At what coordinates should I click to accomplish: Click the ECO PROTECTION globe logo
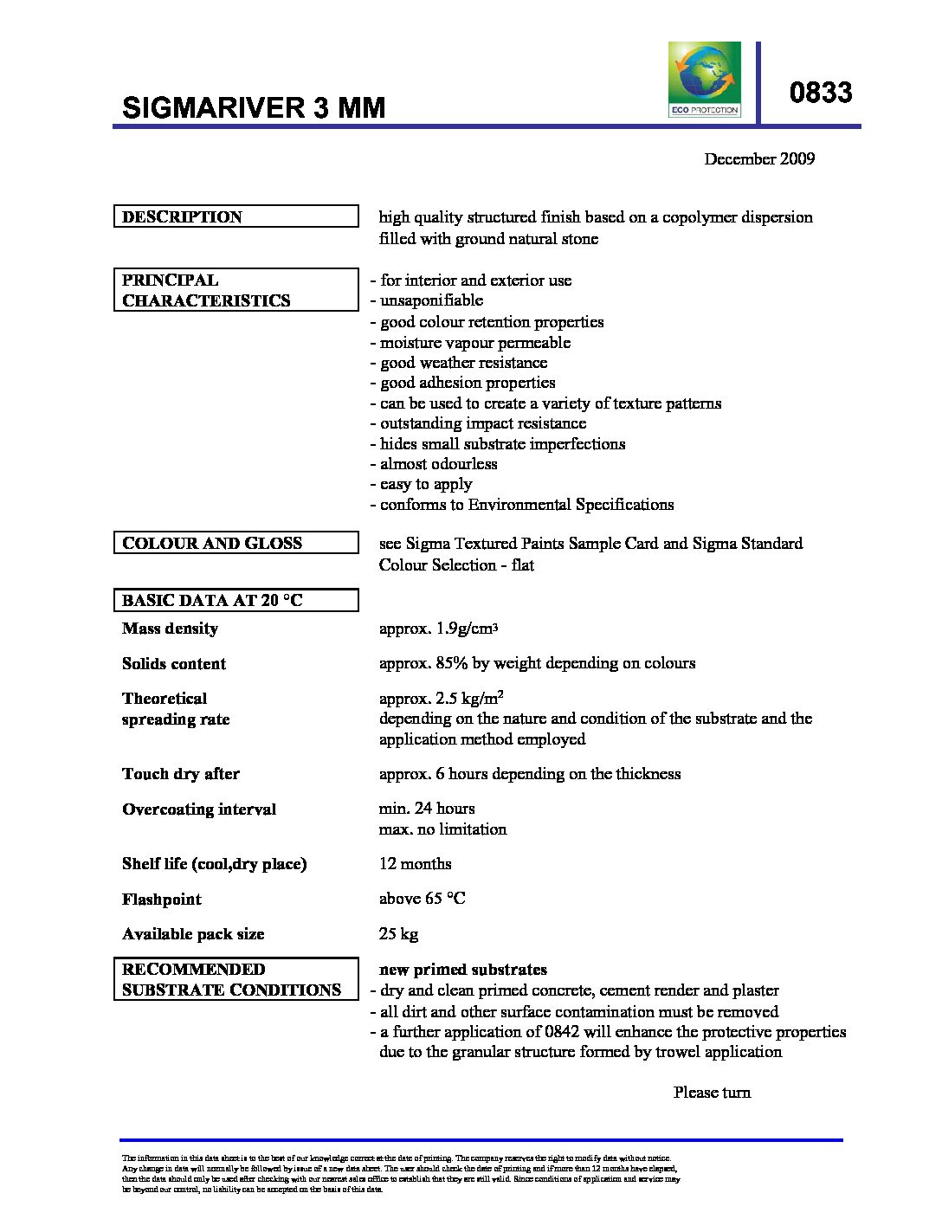click(705, 79)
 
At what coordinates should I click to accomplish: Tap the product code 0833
click(820, 93)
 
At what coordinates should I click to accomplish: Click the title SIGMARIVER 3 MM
click(254, 107)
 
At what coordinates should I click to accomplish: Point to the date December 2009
click(758, 158)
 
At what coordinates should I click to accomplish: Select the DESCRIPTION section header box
click(235, 216)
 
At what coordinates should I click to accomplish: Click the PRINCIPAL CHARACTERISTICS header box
click(235, 290)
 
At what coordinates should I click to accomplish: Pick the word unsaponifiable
click(431, 300)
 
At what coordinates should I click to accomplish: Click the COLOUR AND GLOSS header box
click(235, 543)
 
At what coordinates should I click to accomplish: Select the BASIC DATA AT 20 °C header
click(235, 600)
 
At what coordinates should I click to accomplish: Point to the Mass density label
click(170, 629)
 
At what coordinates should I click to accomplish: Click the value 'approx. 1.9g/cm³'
click(438, 629)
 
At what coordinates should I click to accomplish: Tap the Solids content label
click(174, 664)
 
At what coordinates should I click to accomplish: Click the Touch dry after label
click(181, 774)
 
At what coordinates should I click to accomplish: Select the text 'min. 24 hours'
click(427, 809)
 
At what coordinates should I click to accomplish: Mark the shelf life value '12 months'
click(415, 864)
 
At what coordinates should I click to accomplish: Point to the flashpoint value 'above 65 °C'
click(422, 899)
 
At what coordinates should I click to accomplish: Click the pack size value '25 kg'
click(398, 934)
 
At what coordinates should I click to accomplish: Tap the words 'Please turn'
click(712, 1093)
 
